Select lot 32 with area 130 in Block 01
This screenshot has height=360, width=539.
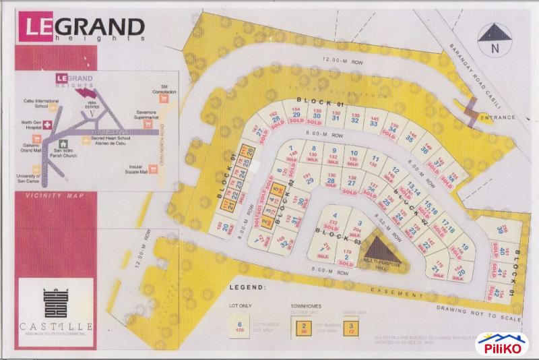354,121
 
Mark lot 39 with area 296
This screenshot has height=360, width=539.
500,230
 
